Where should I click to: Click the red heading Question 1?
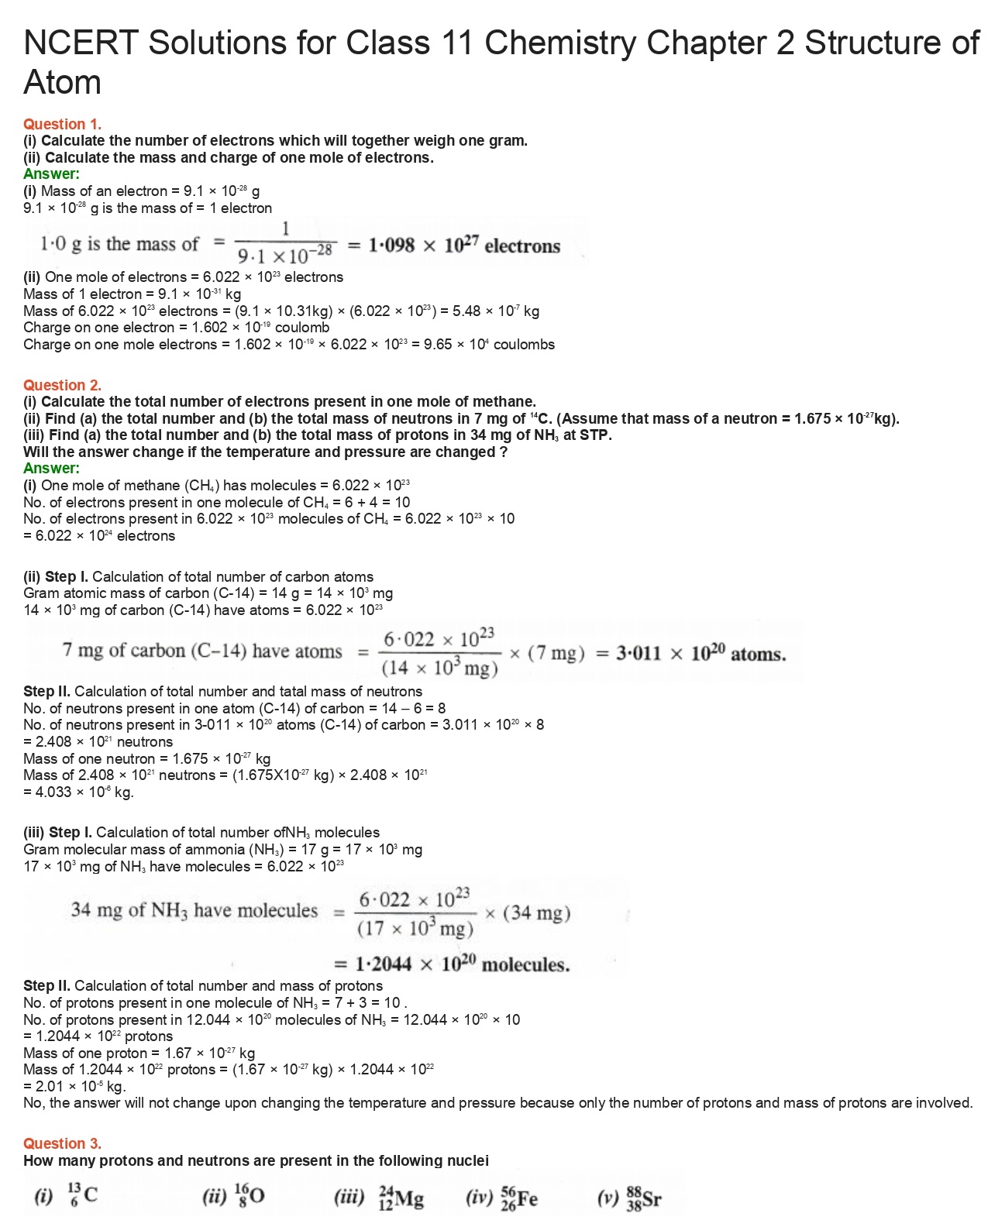(x=62, y=124)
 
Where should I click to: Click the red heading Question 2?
(x=62, y=385)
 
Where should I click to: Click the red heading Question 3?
(x=62, y=1143)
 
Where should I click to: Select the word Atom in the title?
(x=62, y=83)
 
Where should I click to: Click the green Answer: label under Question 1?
(x=51, y=174)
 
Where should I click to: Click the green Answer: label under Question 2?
(x=51, y=468)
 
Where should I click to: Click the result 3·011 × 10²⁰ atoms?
(x=701, y=654)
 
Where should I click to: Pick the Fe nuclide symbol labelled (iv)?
(x=519, y=1198)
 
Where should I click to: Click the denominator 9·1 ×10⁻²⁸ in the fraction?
(x=285, y=254)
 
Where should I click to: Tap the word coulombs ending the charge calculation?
(x=524, y=345)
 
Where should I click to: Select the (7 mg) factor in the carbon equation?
(x=556, y=654)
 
